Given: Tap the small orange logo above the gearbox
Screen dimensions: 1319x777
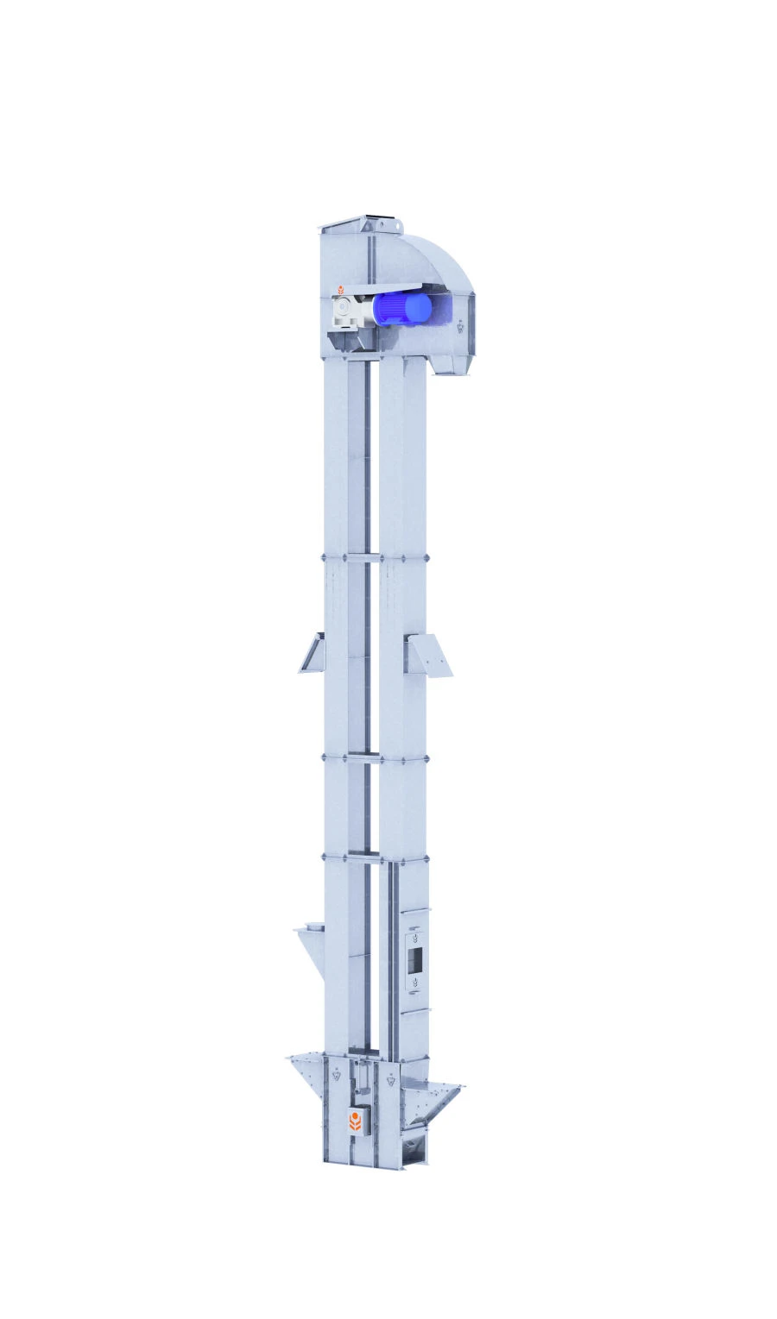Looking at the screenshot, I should click(x=341, y=288).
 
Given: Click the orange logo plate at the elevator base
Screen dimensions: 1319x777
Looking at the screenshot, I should click(x=355, y=1121).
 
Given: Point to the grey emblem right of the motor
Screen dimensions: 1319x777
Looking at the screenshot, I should click(x=461, y=326).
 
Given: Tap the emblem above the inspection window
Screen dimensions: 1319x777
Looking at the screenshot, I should click(x=415, y=935).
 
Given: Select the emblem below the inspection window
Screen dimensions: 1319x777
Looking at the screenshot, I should click(x=415, y=982).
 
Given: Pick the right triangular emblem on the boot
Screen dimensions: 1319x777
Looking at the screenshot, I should click(x=393, y=1077).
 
